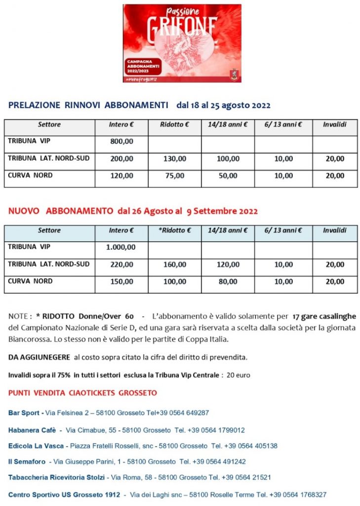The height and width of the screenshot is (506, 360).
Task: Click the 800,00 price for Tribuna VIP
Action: (x=121, y=142)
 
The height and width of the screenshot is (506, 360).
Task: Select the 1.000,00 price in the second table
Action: (x=121, y=248)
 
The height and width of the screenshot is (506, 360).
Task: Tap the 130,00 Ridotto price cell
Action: (x=175, y=159)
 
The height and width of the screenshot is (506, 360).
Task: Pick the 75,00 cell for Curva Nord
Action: (x=175, y=175)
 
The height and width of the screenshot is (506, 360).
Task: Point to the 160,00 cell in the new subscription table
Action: (x=175, y=265)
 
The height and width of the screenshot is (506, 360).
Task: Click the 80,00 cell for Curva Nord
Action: (x=228, y=282)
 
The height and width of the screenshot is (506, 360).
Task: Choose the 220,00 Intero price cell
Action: (x=121, y=265)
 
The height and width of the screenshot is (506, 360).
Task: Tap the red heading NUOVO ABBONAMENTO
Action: (x=61, y=211)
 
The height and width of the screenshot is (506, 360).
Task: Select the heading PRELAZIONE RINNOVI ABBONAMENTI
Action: (x=88, y=105)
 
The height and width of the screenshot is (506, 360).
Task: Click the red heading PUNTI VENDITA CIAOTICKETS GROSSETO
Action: (x=82, y=393)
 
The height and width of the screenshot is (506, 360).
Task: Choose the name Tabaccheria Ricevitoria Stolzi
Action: (x=57, y=478)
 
